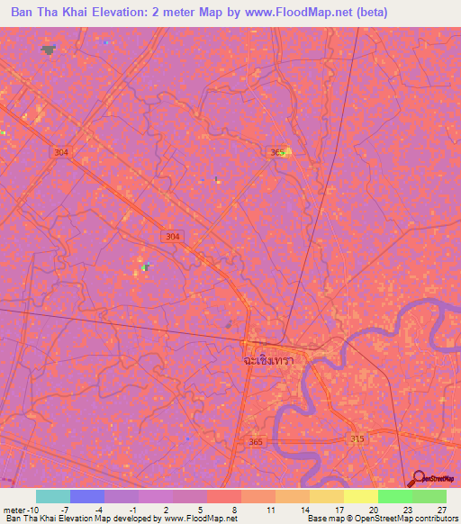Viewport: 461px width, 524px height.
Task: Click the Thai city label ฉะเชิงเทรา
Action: [x=275, y=358]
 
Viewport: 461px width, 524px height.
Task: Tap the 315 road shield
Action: [x=357, y=438]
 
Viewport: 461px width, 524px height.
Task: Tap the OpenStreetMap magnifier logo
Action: [x=419, y=480]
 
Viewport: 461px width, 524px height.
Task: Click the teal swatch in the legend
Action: [x=53, y=496]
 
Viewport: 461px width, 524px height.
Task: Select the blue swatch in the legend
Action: [x=87, y=496]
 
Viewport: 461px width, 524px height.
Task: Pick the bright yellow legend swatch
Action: [x=360, y=496]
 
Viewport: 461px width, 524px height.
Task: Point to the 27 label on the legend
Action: [x=440, y=510]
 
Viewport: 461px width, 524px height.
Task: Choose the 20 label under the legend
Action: [x=373, y=510]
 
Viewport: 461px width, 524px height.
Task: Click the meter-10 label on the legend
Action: [x=22, y=510]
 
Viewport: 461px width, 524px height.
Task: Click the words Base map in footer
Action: [x=325, y=519]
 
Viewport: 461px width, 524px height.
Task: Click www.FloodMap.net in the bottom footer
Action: [x=202, y=519]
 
